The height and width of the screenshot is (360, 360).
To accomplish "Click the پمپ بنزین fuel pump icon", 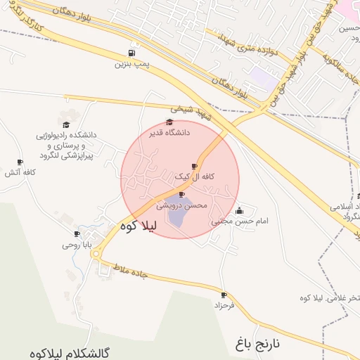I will point(131,53).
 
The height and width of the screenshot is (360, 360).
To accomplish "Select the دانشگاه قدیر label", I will point(168,131).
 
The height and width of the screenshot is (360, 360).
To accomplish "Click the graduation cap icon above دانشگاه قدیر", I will point(169,122).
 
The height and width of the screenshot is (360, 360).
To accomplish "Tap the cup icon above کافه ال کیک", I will point(195,167).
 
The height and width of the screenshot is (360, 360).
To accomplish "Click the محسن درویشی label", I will point(181,205).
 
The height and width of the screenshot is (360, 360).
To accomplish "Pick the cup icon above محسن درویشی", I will point(182,195).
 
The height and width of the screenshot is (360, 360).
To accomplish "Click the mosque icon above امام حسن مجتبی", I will point(240,210).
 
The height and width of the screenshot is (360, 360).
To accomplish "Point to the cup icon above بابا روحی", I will point(77,234).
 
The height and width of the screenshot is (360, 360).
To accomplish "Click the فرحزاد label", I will point(224,306).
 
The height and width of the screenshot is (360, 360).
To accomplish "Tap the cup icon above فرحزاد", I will point(224,295).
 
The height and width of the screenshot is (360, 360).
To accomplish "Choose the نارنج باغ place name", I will point(258,344).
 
